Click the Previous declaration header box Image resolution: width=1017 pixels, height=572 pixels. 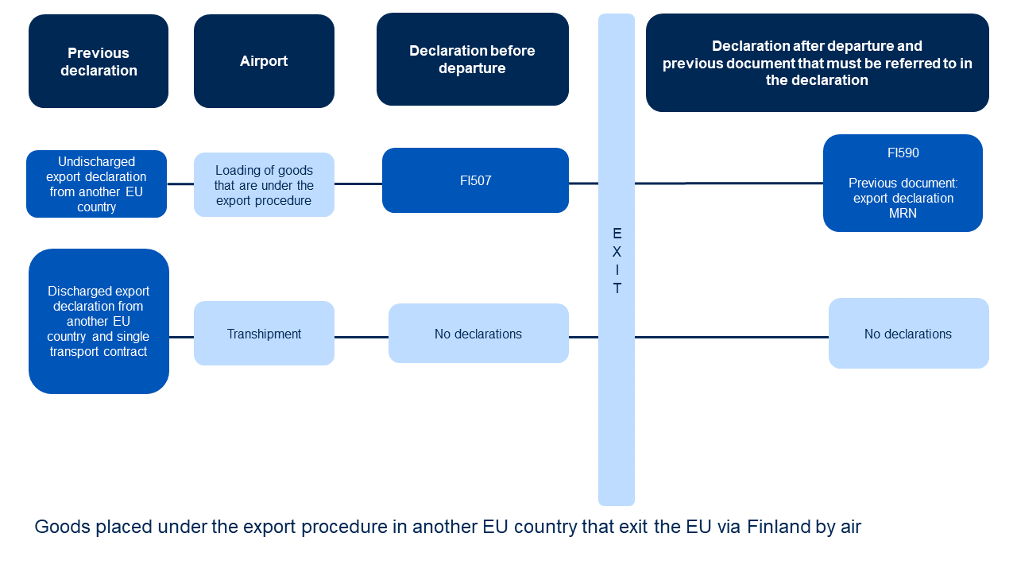99,61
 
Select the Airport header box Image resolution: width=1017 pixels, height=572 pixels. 264,61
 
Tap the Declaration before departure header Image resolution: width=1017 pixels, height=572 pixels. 472,60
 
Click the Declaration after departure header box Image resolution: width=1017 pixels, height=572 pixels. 817,63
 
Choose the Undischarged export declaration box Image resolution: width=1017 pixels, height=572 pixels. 96,184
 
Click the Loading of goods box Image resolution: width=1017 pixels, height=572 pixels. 264,185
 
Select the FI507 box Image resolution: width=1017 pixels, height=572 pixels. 475,180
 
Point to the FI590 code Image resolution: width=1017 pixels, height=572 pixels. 903,153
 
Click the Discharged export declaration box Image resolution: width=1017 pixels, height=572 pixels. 99,321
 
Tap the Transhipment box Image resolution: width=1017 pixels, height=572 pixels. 264,334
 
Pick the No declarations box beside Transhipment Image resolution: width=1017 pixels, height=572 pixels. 478,334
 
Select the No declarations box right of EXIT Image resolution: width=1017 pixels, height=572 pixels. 908,334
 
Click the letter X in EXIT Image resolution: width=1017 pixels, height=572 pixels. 617,252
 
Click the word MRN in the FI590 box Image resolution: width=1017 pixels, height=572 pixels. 903,213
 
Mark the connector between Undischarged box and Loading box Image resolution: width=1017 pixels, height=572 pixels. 180,184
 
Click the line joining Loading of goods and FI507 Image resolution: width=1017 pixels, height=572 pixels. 358,184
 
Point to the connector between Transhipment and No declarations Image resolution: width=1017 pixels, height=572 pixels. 361,337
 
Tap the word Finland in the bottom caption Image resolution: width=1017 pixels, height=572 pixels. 778,527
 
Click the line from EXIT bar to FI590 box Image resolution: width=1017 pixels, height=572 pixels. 729,184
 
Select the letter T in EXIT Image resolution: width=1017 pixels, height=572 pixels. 617,288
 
